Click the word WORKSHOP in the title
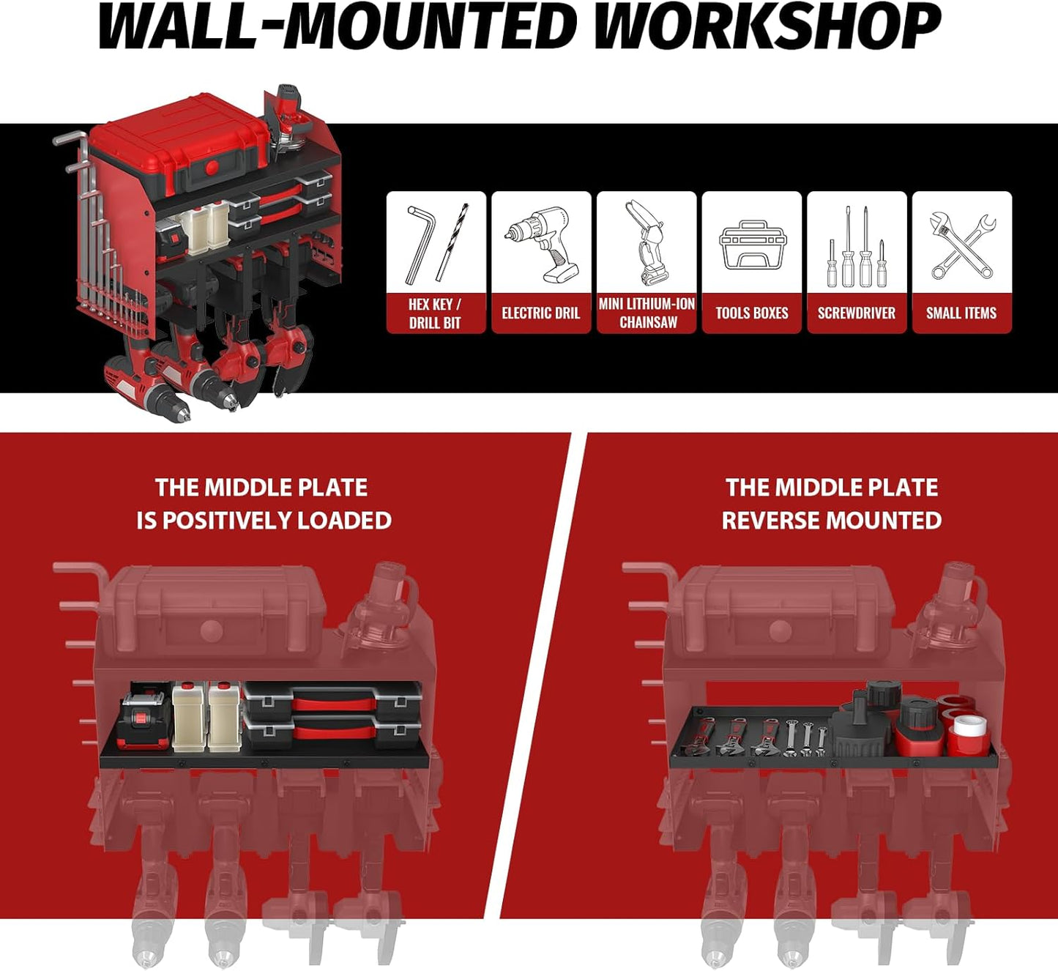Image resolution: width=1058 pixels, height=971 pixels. coord(767,27)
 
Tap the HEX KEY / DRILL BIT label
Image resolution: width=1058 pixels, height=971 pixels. coord(435,313)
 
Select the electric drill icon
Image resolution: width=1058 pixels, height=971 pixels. coord(541,245)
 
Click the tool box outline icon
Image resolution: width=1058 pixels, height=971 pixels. coord(752,245)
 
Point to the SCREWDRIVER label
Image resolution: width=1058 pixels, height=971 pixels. coord(856,313)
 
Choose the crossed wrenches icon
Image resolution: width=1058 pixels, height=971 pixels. coord(962,245)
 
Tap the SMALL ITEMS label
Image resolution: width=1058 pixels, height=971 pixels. coord(961,313)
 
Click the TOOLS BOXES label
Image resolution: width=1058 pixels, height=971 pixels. coord(752,313)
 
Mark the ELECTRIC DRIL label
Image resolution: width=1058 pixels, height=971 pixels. coord(541,313)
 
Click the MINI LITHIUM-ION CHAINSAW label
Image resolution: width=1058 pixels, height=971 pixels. coord(647,313)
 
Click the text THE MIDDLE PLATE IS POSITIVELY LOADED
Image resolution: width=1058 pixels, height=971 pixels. coord(263,504)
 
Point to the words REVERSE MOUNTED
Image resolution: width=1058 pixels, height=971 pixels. coord(831,521)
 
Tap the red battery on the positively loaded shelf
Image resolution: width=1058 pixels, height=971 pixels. coord(144,721)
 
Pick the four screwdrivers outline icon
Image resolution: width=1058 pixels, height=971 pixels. coord(856,246)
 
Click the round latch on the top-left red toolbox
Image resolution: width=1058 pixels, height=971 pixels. coord(212,168)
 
